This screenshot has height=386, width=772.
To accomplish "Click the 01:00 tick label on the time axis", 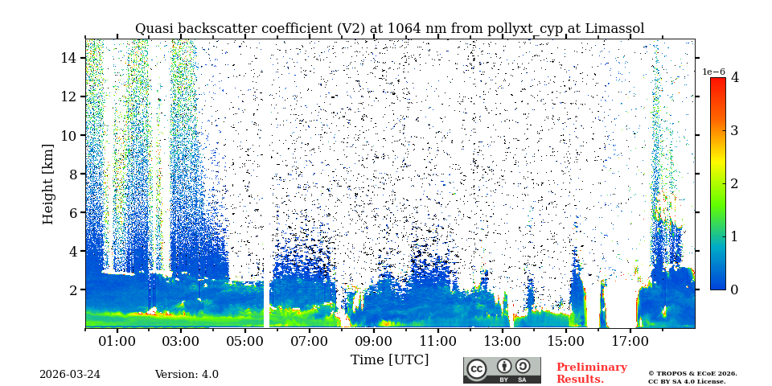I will pos(117,342).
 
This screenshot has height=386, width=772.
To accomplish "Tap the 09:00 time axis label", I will pos(373,342).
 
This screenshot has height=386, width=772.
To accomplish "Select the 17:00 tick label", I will pos(630,342).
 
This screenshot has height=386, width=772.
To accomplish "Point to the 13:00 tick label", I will pos(502,342).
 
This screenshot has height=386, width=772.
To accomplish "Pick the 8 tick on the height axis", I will pos(72,174).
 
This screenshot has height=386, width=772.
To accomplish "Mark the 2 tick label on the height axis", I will pos(72,289).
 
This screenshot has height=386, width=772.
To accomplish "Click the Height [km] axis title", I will pos(48,184).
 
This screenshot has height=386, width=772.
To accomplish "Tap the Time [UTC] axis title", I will pos(389,360).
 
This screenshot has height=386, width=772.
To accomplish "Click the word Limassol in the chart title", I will pos(614,29).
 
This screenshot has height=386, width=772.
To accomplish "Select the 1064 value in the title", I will pos(404,29).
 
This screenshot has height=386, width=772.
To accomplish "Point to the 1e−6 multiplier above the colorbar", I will pos(713,72).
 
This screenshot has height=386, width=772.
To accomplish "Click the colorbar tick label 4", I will pos(734,78).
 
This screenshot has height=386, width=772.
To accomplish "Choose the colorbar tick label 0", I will pos(734,289).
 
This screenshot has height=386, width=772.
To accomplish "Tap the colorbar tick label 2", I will pos(734,183).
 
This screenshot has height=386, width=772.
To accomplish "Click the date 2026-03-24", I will pos(70,375).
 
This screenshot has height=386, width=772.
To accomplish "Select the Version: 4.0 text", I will pos(187,375).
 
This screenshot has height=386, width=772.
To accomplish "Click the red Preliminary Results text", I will pos(591,373).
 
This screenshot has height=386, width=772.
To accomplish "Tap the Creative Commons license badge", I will pos(502,370).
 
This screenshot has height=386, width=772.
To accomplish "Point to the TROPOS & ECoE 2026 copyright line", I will pos(692,373).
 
